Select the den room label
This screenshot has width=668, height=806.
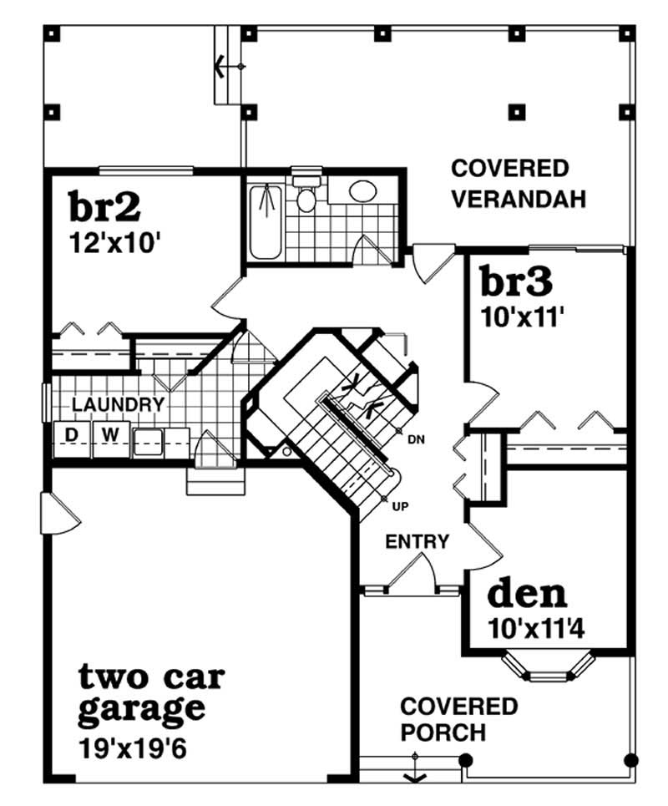527,594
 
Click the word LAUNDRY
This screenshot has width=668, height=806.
118,405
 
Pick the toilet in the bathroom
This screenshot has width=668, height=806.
306,196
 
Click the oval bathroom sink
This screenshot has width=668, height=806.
362,191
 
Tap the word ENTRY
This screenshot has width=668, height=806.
417,542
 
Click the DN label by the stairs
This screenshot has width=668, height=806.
415,440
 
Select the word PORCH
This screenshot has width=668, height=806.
443,732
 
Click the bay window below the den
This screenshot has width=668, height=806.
547,666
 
